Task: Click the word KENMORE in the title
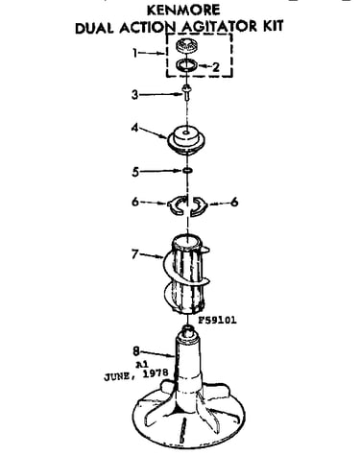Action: pos(183,10)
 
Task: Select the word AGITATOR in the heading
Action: pos(219,26)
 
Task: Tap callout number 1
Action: pos(135,53)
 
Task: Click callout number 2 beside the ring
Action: pos(216,67)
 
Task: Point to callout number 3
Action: pos(135,95)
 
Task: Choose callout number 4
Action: pos(135,128)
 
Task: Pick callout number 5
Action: pos(135,172)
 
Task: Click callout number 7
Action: pos(135,254)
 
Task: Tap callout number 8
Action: pos(136,351)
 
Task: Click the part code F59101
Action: pos(218,320)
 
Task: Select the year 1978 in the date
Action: pos(156,373)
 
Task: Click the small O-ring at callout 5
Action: pos(187,171)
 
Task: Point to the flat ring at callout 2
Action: pos(186,65)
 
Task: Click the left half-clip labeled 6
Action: pos(176,204)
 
